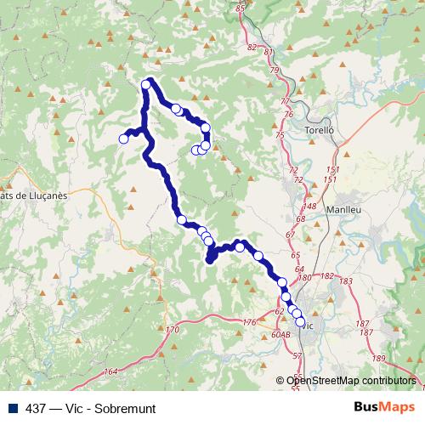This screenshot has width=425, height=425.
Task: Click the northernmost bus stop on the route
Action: [x=146, y=84]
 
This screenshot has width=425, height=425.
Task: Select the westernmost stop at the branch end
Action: [x=124, y=139]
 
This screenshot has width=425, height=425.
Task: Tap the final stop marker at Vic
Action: [x=299, y=322]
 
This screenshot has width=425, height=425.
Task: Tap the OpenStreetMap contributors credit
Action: [x=351, y=380]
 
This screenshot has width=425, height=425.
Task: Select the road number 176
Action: [x=249, y=322]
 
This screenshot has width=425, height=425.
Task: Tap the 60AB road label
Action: [x=281, y=335]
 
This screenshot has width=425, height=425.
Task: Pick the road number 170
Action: [x=173, y=329]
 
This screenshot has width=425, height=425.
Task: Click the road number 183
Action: [x=345, y=280]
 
